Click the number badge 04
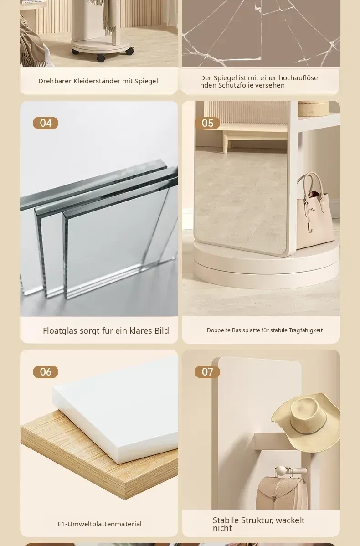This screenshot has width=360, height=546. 46,123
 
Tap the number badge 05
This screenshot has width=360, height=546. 207,123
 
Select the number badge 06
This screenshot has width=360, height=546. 46,371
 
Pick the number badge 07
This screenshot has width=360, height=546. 207,371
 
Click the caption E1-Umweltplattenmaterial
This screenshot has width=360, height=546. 100,524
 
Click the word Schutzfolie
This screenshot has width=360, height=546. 236,85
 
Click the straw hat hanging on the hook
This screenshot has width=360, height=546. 306,422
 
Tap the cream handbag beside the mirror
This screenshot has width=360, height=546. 315,209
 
